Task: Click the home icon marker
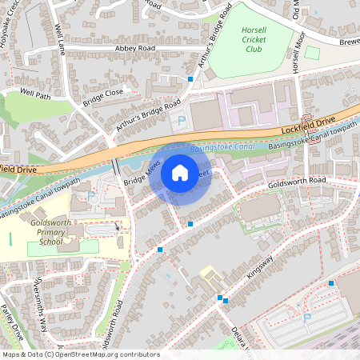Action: [180, 173]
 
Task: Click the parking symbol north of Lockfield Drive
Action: [180, 121]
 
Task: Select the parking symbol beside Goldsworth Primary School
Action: [90, 195]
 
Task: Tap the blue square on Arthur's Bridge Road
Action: [190, 79]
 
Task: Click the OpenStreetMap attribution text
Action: [80, 354]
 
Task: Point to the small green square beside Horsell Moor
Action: [312, 52]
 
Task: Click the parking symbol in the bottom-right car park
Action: [307, 318]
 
